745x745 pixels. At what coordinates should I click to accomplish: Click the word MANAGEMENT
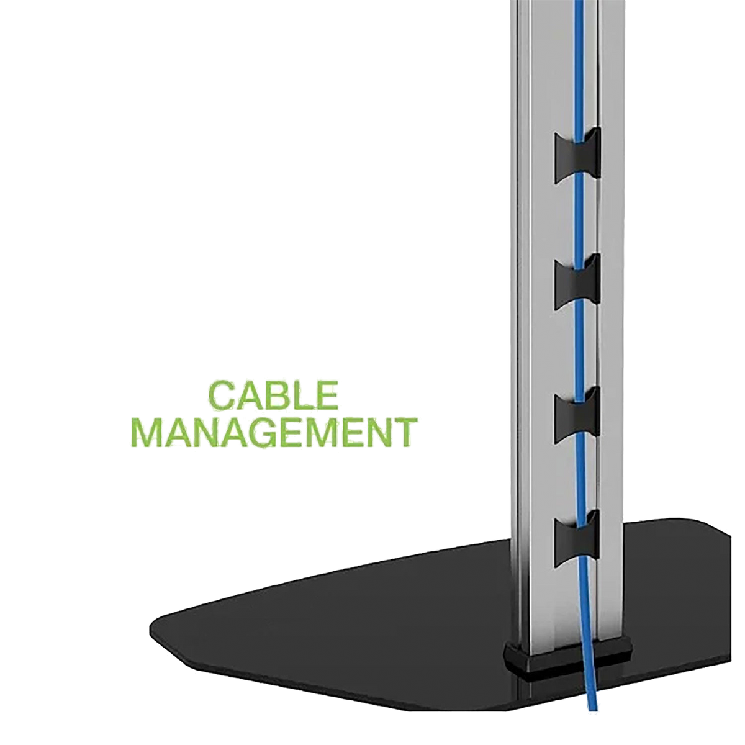click(274, 432)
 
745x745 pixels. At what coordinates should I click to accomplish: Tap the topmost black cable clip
click(577, 156)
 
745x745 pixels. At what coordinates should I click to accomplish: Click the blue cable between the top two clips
click(579, 220)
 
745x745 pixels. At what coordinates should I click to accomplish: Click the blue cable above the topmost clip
click(579, 70)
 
